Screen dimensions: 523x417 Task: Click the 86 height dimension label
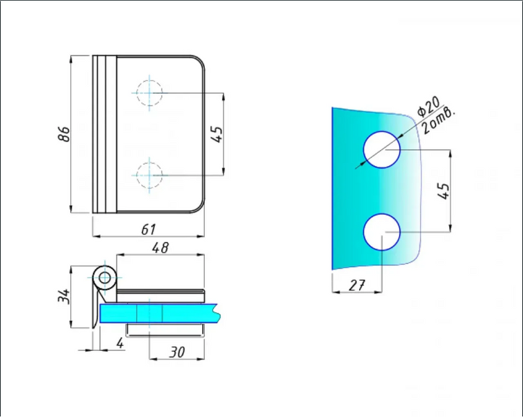click(65, 134)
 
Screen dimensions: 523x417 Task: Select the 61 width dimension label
click(149, 229)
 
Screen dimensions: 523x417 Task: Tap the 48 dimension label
click(160, 247)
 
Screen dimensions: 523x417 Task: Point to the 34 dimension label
click(64, 296)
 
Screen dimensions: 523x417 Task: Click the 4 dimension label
click(120, 343)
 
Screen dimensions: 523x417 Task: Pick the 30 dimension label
click(177, 352)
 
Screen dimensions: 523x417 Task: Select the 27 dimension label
click(357, 286)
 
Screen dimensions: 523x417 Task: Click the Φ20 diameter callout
click(429, 106)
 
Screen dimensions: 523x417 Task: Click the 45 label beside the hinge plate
click(217, 134)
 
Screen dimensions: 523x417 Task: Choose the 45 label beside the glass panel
click(444, 191)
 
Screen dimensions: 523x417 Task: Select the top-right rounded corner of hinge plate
click(200, 60)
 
